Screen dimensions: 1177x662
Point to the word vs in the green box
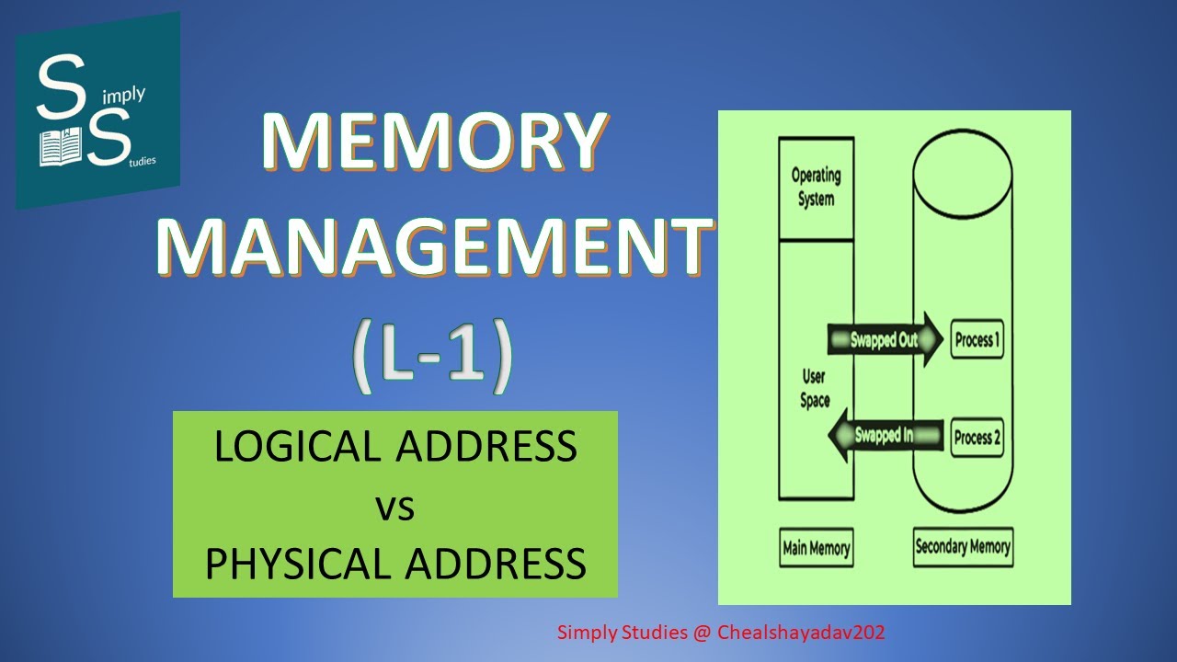pyautogui.click(x=395, y=506)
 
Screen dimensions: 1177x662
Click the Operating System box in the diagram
pyautogui.click(x=816, y=188)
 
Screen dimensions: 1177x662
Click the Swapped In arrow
pyautogui.click(x=885, y=436)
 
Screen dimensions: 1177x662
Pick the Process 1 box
pyautogui.click(x=977, y=340)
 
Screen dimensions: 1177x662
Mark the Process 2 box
pyautogui.click(x=976, y=438)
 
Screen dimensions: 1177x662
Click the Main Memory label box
pyautogui.click(x=816, y=548)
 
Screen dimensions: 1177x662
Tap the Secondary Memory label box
pyautogui.click(x=963, y=547)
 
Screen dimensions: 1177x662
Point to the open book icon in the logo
pyautogui.click(x=62, y=145)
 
